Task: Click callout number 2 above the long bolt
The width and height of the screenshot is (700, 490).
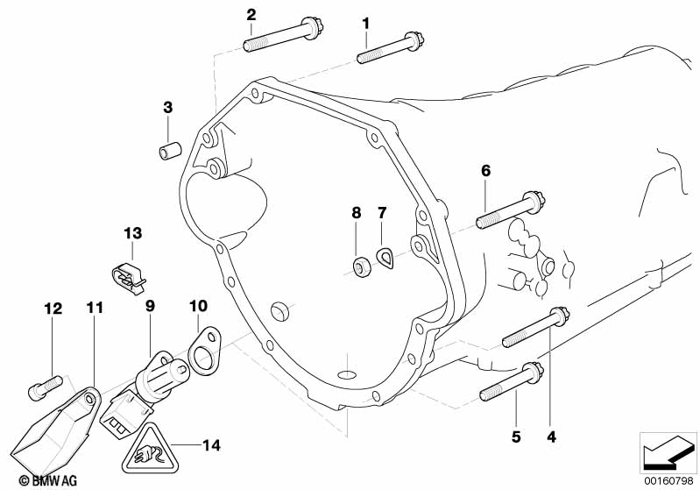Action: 251,15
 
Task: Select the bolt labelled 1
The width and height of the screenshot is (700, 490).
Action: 390,47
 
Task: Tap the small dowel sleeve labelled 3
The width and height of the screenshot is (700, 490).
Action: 170,150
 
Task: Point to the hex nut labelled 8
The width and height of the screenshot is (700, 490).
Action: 360,266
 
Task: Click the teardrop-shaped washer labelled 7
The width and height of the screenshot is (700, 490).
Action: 385,259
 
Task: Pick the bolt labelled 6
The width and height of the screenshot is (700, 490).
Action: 510,209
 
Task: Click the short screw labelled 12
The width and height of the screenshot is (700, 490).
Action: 45,387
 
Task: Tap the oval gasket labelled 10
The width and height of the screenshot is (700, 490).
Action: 204,348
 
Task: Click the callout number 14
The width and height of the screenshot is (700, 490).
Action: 211,445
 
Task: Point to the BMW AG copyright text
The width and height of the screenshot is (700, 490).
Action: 48,480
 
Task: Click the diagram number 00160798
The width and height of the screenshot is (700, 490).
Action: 668,481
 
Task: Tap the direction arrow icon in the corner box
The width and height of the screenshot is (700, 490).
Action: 668,452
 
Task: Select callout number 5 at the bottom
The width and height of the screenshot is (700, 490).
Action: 516,437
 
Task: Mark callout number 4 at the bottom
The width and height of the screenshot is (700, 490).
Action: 552,437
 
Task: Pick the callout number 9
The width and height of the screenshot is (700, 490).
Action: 150,307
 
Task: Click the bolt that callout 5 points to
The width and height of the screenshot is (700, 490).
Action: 512,381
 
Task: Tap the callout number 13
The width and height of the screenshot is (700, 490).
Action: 132,232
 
